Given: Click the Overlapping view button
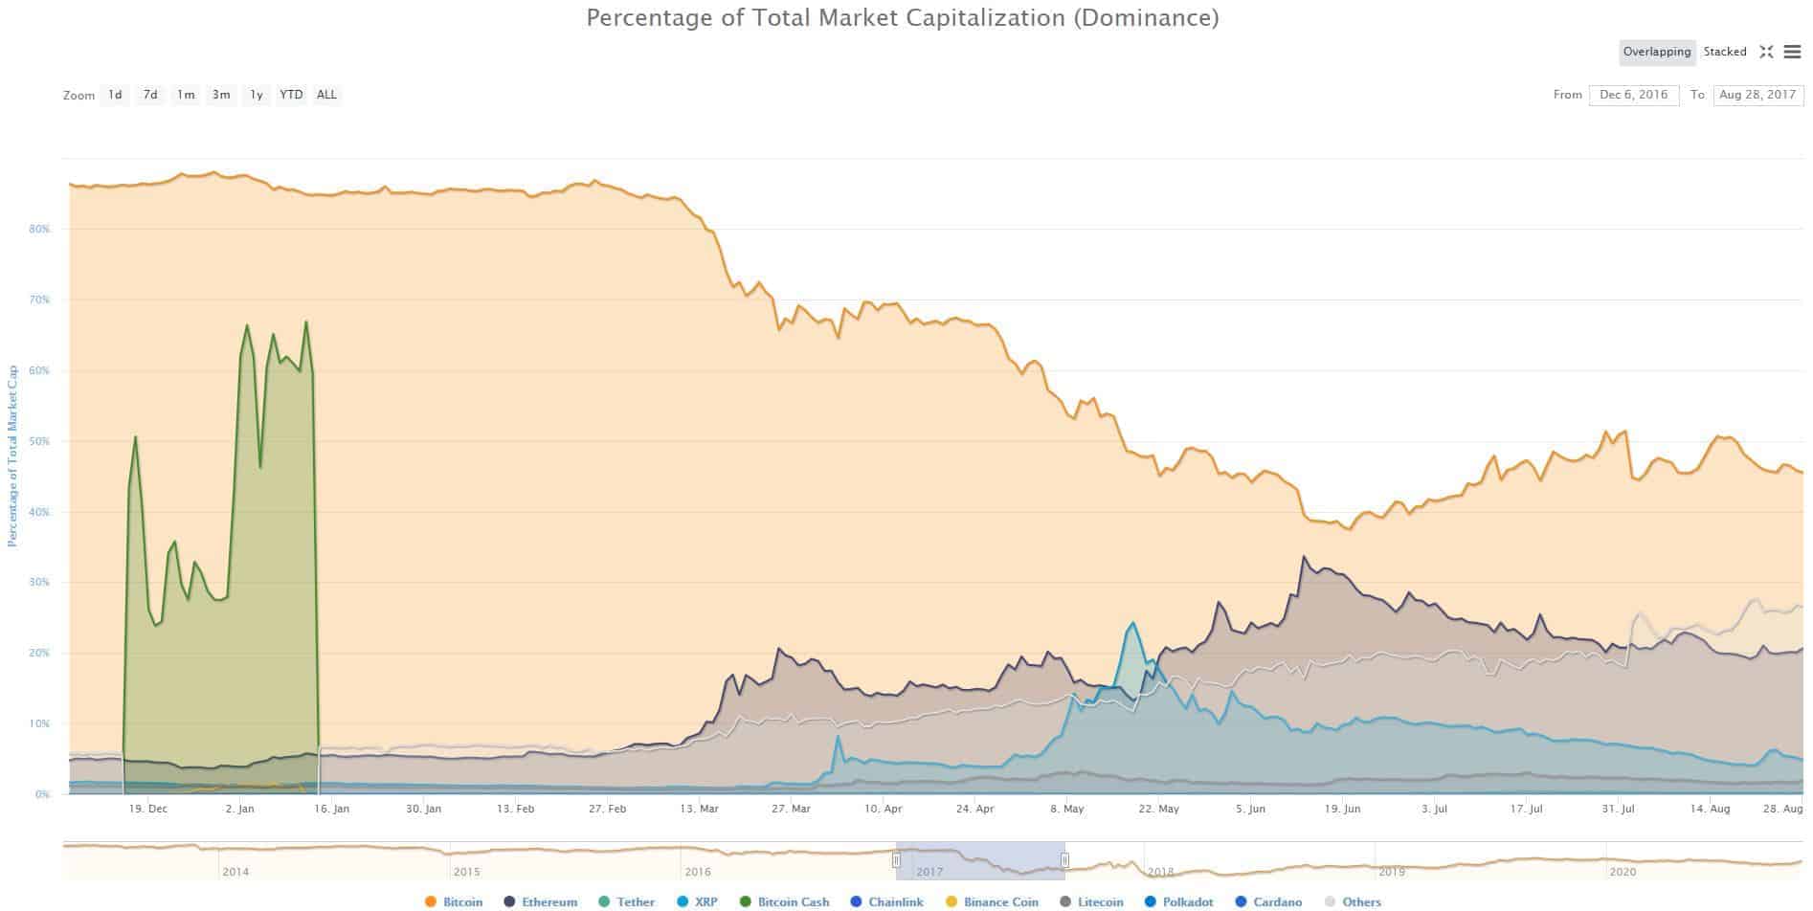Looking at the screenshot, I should point(1657,52).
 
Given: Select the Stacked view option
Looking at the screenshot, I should point(1725,52).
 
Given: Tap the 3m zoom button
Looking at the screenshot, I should point(221,95).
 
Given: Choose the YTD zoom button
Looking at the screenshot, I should point(291,95).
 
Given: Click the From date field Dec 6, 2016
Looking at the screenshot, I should point(1633,95).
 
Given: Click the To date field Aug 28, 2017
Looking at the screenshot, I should point(1757,95).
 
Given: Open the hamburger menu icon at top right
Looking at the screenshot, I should point(1793,52).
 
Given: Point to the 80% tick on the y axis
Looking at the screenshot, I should point(39,230).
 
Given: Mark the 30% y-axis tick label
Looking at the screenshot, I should point(39,583).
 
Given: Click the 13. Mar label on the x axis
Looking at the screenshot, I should point(699,809).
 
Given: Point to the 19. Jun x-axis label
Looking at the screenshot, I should point(1342,809).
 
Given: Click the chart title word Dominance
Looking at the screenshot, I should point(1146,17).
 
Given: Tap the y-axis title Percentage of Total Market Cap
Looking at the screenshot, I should point(12,455).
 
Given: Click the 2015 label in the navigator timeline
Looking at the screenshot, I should point(467,872).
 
